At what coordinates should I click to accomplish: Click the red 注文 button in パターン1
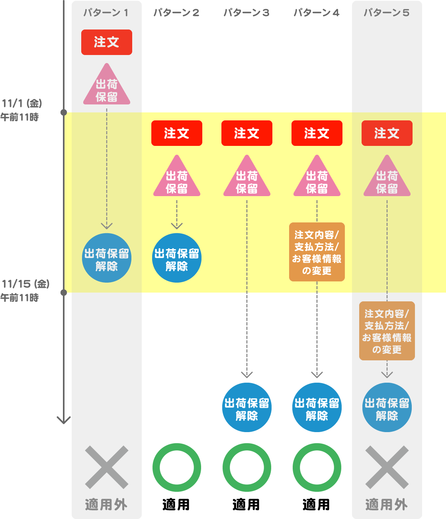(x=106, y=42)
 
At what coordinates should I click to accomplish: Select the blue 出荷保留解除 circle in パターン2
(x=177, y=258)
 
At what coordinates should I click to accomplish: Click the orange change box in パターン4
(x=317, y=252)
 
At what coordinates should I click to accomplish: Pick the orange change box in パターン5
(x=387, y=331)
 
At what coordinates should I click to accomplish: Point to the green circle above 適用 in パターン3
(x=247, y=467)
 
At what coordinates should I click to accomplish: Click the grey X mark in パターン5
(x=387, y=467)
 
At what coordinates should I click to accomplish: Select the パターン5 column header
(x=387, y=13)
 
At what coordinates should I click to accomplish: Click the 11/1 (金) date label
(x=22, y=104)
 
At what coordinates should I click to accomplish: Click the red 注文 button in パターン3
(x=247, y=133)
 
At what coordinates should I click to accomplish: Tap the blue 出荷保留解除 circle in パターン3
(x=247, y=407)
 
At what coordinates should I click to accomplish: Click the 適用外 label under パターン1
(x=106, y=505)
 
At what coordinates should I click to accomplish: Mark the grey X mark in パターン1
(x=107, y=467)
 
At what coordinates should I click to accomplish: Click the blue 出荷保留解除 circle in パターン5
(x=387, y=407)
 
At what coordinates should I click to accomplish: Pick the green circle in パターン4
(x=317, y=467)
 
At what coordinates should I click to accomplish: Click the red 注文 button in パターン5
(x=387, y=133)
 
